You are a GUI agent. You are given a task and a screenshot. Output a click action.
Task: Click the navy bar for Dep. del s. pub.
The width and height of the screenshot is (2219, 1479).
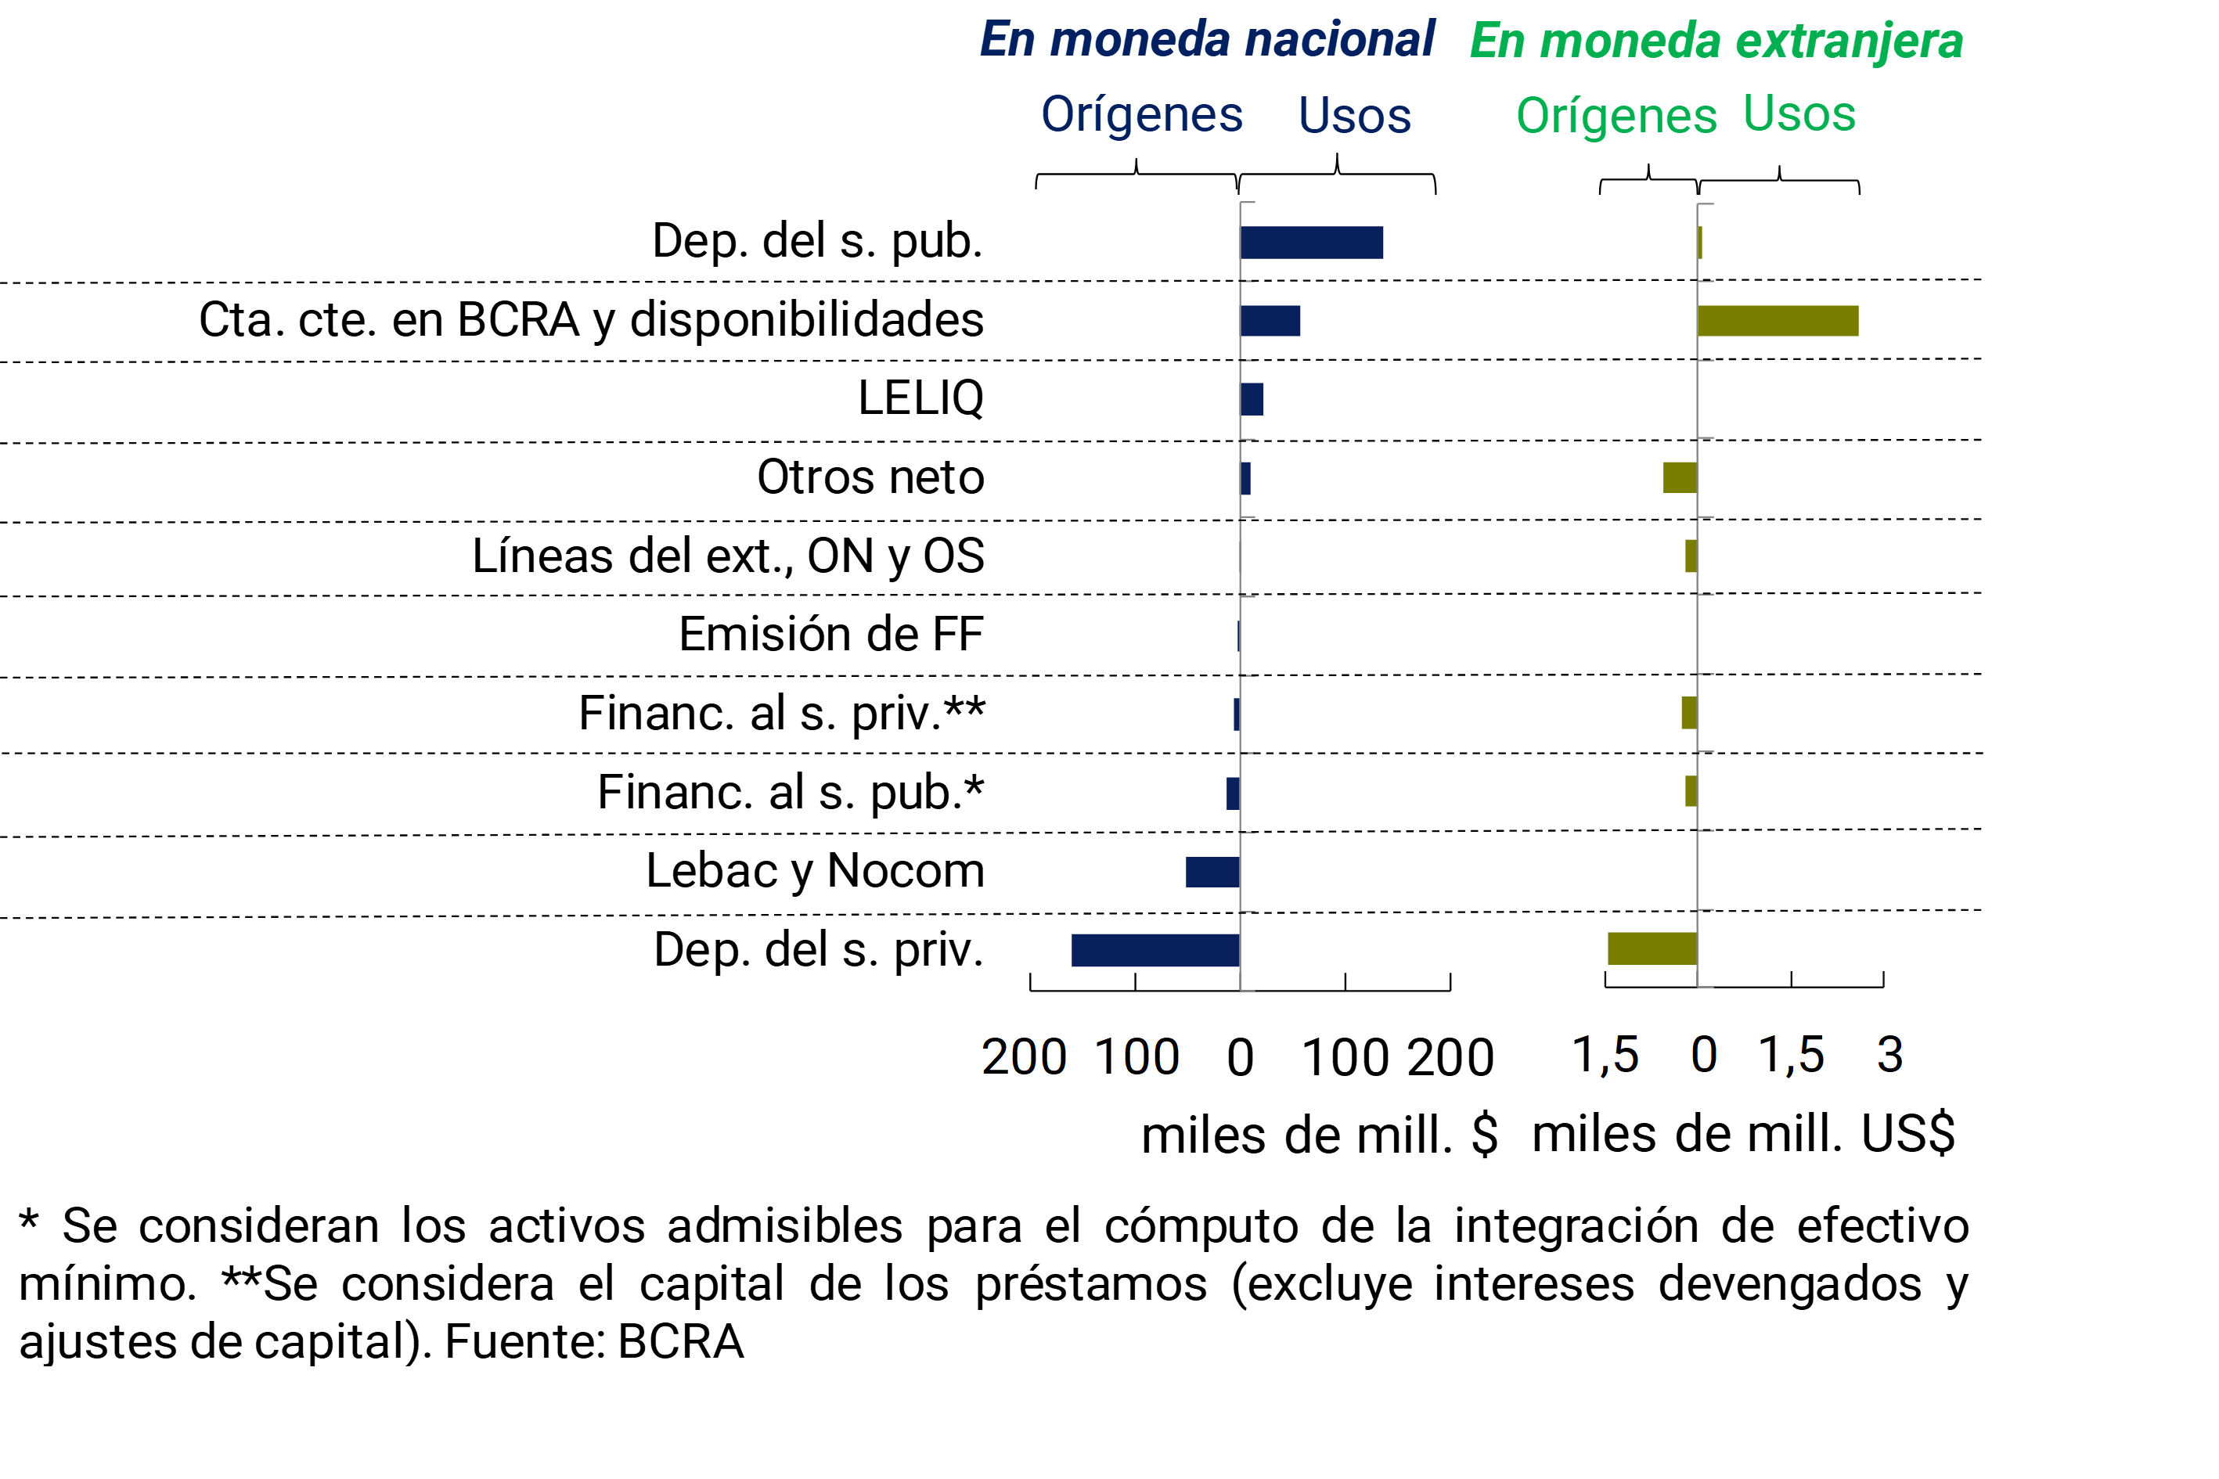coord(1311,243)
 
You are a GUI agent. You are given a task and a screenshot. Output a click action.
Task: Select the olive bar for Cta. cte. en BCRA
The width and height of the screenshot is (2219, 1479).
coord(1778,321)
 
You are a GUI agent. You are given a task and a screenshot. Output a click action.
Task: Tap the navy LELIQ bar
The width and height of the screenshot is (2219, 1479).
coord(1252,399)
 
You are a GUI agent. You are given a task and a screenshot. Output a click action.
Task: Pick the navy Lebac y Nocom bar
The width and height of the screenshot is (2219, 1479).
coord(1212,872)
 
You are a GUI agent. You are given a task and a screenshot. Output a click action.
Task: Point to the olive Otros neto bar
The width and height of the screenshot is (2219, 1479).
coord(1680,477)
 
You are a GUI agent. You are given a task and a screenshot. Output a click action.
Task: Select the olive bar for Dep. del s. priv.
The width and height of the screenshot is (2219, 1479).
coord(1652,948)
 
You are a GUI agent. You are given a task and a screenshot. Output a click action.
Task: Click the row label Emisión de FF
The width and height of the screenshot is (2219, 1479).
coord(830,634)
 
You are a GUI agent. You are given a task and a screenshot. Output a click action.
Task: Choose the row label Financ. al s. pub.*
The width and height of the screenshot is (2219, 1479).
coord(790,791)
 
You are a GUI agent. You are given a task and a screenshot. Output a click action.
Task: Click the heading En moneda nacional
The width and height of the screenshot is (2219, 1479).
coord(1207,40)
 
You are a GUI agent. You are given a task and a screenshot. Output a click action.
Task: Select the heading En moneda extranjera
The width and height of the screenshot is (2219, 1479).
coord(1716,41)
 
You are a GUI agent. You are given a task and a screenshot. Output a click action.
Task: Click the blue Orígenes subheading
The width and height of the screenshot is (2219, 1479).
coord(1141,114)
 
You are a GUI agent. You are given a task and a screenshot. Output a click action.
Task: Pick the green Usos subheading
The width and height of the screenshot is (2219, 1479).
coord(1799,114)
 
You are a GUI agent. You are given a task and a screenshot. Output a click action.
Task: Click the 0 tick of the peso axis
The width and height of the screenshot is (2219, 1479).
coord(1241,1057)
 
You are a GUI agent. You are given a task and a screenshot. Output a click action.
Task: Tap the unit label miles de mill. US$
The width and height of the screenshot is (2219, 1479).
coord(1742,1134)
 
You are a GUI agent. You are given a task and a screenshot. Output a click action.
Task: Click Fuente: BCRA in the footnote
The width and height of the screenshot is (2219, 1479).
coord(594,1341)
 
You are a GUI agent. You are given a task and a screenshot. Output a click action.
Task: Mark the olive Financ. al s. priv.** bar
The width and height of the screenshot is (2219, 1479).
coord(1689,712)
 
